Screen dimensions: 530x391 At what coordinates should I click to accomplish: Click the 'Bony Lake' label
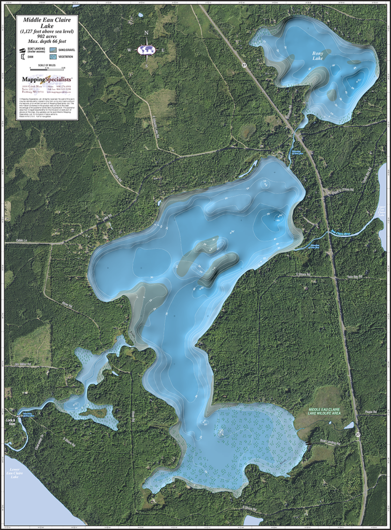[x=317, y=55]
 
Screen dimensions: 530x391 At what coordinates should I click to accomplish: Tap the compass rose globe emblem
[x=147, y=50]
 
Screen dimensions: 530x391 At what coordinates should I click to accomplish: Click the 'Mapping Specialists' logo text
[x=47, y=79]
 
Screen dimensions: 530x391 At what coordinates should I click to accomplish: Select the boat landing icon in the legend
[x=23, y=50]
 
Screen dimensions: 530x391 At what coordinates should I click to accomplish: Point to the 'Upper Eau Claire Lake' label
[x=382, y=211]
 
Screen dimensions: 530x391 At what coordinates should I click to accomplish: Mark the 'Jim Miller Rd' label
[x=23, y=364]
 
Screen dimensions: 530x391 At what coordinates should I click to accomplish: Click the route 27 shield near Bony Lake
[x=243, y=66]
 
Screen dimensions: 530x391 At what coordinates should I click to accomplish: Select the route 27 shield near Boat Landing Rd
[x=358, y=435]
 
